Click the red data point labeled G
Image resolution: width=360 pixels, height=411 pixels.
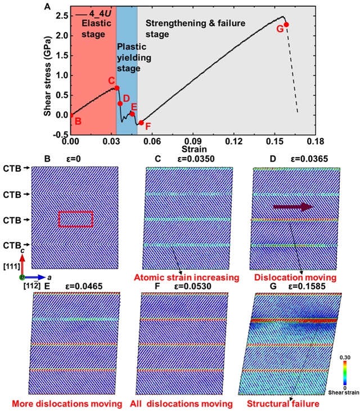pyautogui.click(x=286, y=25)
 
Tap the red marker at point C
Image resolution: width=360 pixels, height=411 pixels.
pyautogui.click(x=117, y=87)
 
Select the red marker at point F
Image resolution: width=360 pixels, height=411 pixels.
pyautogui.click(x=142, y=123)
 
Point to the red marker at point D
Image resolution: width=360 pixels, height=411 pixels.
pyautogui.click(x=120, y=104)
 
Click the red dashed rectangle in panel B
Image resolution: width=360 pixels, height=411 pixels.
pyautogui.click(x=75, y=218)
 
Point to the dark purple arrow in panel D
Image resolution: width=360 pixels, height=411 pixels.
pyautogui.click(x=292, y=207)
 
